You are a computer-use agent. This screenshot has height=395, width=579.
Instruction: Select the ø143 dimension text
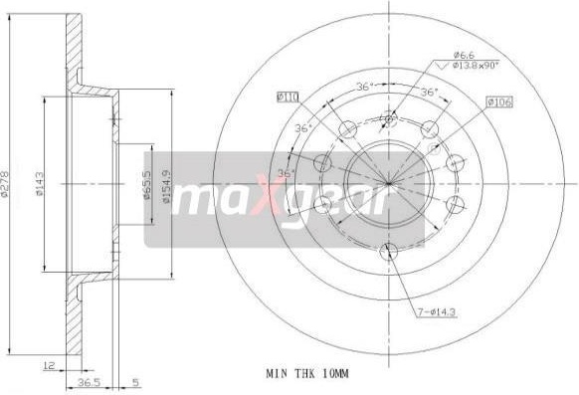[x=40, y=184]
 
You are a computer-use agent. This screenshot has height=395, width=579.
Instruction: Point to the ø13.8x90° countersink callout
[x=476, y=66]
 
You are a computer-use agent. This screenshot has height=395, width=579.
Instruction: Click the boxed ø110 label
[x=288, y=97]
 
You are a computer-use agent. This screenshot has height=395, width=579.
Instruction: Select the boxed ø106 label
[x=498, y=101]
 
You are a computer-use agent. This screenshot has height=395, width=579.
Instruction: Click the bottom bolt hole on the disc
[x=389, y=251]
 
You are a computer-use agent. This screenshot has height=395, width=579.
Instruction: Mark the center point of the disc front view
[x=389, y=184]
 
